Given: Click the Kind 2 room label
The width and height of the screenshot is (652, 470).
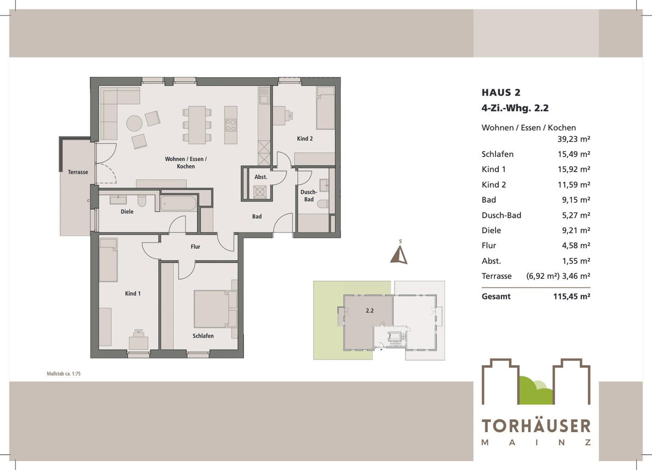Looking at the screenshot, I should click(x=305, y=139).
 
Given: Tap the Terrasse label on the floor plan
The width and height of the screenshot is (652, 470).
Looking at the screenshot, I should click(x=78, y=172).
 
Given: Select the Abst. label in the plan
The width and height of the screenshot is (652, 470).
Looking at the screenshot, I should click(x=261, y=177).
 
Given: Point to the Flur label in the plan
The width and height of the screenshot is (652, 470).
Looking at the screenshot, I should click(x=196, y=247).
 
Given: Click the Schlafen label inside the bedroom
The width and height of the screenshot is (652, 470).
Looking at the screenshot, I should click(x=203, y=336).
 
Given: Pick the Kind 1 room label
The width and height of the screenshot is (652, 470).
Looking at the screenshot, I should click(x=133, y=293).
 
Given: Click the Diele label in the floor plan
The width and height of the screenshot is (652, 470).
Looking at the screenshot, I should click(x=127, y=212).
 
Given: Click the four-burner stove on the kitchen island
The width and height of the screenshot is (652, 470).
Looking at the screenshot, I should click(x=231, y=126).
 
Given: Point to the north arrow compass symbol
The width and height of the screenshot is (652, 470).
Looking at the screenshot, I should click(x=400, y=254).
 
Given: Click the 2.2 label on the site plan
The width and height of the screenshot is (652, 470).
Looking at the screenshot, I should click(x=370, y=311).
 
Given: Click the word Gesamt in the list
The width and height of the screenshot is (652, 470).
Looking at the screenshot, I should click(x=496, y=297).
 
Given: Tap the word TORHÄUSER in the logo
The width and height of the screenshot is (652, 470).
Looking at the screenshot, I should click(x=536, y=426).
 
